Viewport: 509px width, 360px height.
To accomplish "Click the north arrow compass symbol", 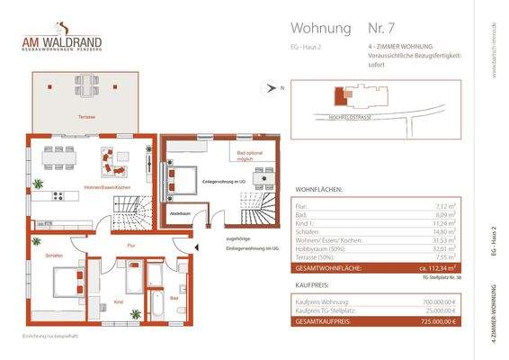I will coord(271,87).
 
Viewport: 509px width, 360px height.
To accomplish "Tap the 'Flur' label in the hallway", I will coord(130,245).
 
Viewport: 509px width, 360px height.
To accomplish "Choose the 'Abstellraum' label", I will coord(178,213).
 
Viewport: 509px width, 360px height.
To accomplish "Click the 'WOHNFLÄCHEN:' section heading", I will coord(317,190).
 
